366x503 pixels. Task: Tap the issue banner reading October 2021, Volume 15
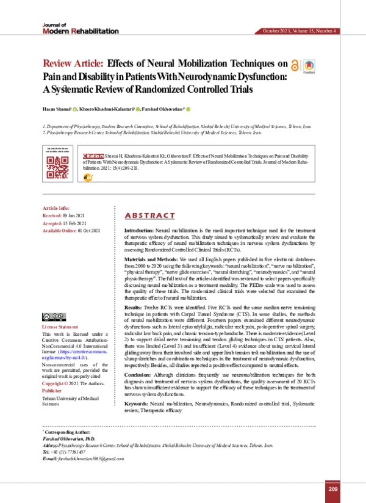pos(299,31)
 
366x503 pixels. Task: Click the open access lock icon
pos(296,66)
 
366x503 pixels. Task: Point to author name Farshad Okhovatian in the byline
pos(163,109)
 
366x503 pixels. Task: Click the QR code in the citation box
pos(57,166)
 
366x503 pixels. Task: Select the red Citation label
pos(92,156)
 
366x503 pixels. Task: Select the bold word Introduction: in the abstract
pos(140,230)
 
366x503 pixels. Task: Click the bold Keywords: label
pos(139,403)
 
